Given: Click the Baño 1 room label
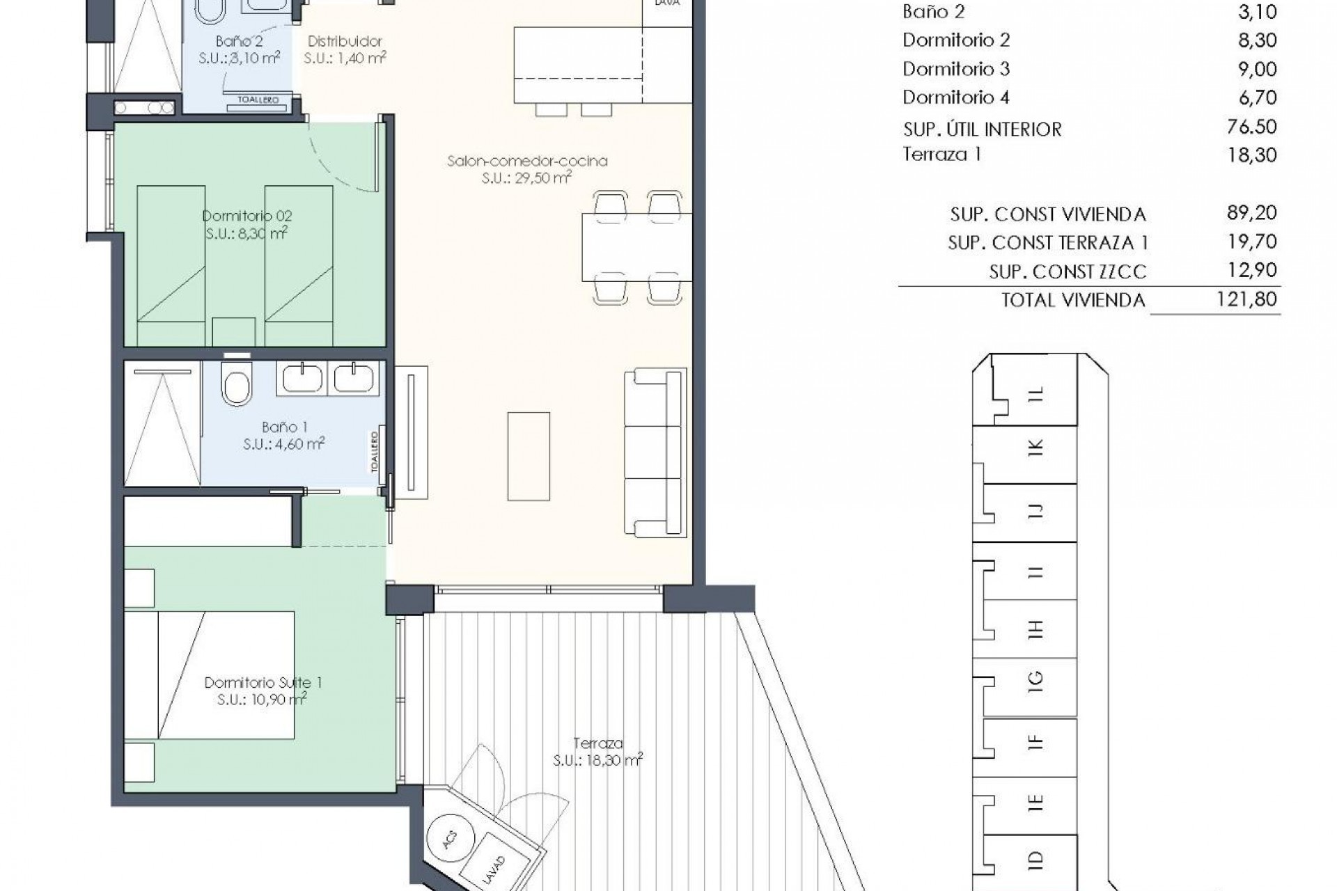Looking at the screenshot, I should pyautogui.click(x=284, y=427).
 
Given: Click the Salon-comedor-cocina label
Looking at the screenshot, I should pyautogui.click(x=527, y=161).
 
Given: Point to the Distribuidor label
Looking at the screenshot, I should pyautogui.click(x=345, y=42).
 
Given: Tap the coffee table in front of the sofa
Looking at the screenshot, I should pyautogui.click(x=529, y=456).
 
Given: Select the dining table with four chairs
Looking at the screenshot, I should pyautogui.click(x=636, y=247).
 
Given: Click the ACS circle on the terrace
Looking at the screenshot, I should pyautogui.click(x=449, y=839).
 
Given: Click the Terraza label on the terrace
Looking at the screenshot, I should pyautogui.click(x=597, y=743).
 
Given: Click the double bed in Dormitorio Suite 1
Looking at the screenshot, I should pyautogui.click(x=210, y=675).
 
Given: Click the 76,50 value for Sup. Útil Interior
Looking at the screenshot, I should pyautogui.click(x=1251, y=127).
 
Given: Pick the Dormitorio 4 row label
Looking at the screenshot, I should pyautogui.click(x=955, y=97).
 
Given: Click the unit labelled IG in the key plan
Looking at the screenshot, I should pyautogui.click(x=1035, y=680).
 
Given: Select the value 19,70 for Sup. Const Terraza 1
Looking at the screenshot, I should pyautogui.click(x=1251, y=242).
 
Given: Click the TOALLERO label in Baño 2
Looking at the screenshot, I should pyautogui.click(x=258, y=100).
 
